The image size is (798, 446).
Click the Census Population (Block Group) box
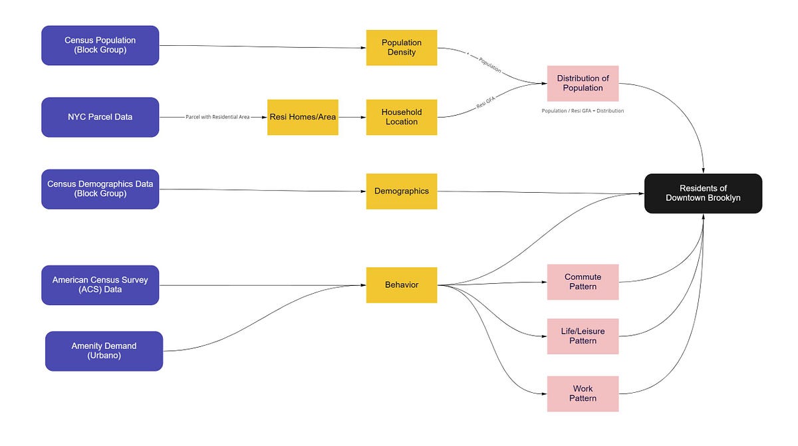[x=100, y=45]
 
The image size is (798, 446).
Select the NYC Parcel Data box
[x=100, y=117]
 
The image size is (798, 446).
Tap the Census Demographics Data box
[x=100, y=189]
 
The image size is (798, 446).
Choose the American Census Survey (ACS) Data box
[x=100, y=285]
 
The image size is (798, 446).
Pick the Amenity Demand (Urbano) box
[x=104, y=351]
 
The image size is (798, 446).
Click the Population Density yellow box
[x=401, y=47]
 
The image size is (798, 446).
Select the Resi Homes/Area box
[x=303, y=117]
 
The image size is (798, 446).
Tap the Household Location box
[x=401, y=117]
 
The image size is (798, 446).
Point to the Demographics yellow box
[x=401, y=191]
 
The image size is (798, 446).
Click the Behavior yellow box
[x=401, y=285]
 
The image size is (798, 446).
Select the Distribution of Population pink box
[x=583, y=83]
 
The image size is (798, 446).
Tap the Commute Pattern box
[x=583, y=282]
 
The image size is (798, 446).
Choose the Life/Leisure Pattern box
[x=583, y=336]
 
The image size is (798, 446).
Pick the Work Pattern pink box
[x=583, y=393]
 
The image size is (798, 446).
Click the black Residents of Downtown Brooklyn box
[x=703, y=193]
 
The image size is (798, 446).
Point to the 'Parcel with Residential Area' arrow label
[x=217, y=117]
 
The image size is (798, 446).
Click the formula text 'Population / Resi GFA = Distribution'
[x=583, y=111]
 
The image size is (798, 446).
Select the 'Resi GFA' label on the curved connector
[x=485, y=103]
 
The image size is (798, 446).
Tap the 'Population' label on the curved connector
[x=489, y=65]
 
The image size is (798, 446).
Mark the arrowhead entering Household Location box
[x=363, y=117]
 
